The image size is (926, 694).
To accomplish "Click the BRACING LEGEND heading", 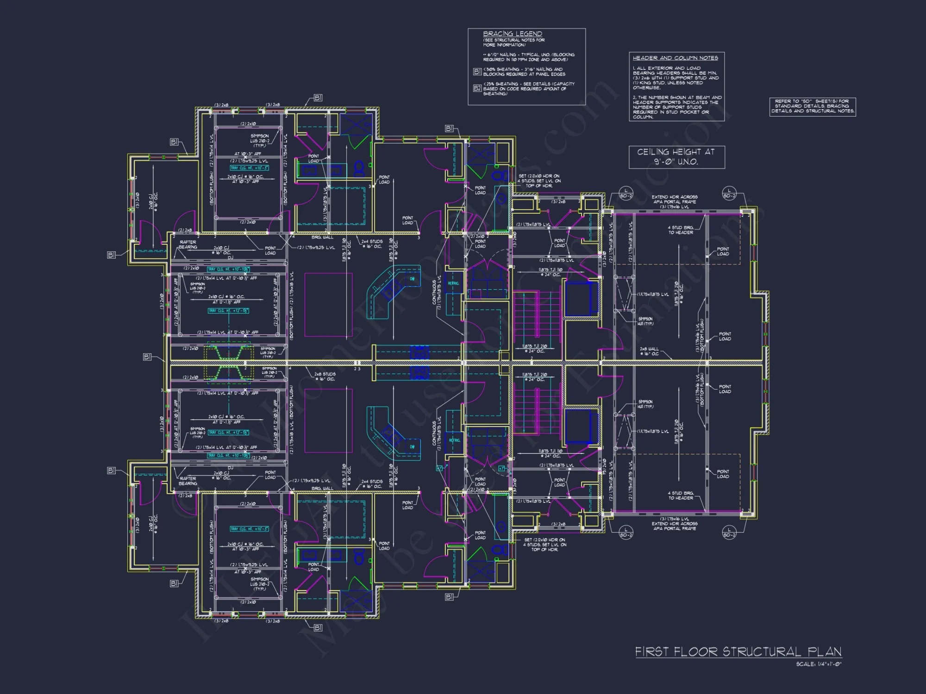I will [512, 34].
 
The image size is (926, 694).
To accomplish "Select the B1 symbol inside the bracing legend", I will [477, 72].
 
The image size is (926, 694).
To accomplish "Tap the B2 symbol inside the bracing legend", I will [477, 88].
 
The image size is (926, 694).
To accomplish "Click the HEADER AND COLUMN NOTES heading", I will [675, 58].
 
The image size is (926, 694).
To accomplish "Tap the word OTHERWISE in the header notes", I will [646, 87].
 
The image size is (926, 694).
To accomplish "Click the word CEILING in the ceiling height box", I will [653, 152].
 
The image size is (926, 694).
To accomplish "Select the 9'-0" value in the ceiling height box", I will [663, 162].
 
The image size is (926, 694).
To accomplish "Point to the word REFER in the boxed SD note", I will [782, 101].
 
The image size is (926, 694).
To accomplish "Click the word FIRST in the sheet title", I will [652, 652].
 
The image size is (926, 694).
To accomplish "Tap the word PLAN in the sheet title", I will [824, 652].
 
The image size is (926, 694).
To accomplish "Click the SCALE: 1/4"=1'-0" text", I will [819, 664].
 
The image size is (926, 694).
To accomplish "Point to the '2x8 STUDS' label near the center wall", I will [325, 374].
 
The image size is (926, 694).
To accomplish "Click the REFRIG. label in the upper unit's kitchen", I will [453, 283].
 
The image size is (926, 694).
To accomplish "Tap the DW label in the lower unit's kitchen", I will [412, 446].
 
